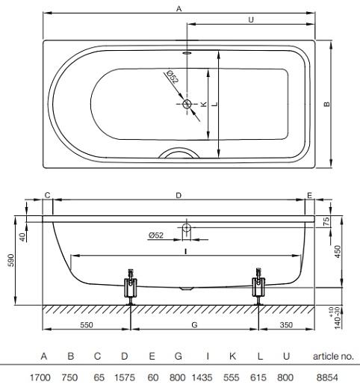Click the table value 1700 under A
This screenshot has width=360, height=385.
pyautogui.click(x=40, y=378)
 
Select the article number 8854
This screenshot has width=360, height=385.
pyautogui.click(x=327, y=378)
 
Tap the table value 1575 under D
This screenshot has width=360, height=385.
pyautogui.click(x=125, y=378)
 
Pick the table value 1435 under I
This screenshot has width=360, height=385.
pyautogui.click(x=202, y=378)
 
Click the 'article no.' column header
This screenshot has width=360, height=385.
pyautogui.click(x=333, y=357)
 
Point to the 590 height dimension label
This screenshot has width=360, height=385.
pyautogui.click(x=11, y=260)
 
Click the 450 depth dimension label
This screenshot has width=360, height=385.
pyautogui.click(x=338, y=252)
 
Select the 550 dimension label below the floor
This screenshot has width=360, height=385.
pyautogui.click(x=87, y=325)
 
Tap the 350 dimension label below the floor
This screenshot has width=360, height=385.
pyautogui.click(x=286, y=325)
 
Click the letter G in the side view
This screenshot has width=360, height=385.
pyautogui.click(x=194, y=325)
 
